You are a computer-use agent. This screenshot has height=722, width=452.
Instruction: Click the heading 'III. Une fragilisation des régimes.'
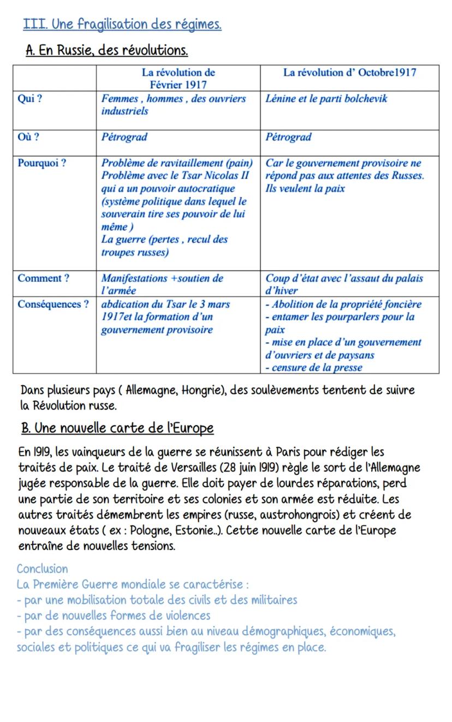123,25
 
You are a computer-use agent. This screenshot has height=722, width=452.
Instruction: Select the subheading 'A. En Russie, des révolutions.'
107,51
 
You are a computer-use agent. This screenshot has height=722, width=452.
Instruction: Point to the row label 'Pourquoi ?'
42,163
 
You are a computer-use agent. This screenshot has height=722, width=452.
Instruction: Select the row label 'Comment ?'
43,278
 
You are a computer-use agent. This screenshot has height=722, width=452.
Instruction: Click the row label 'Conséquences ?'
53,305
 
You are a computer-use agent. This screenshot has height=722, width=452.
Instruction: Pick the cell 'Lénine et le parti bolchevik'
326,99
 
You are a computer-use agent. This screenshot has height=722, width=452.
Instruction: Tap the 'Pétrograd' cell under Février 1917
124,137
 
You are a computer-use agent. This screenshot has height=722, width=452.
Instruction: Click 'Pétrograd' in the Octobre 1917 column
288,137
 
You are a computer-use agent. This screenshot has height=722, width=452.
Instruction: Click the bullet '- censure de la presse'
313,368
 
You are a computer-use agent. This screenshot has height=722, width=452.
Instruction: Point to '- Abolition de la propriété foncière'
343,305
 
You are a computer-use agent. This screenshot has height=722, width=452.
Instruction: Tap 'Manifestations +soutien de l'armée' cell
162,284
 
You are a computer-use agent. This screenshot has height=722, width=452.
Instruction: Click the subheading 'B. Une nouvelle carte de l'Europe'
117,428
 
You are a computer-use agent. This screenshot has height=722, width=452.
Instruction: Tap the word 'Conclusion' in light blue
43,569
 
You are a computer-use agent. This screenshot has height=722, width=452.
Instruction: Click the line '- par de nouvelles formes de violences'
114,616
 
